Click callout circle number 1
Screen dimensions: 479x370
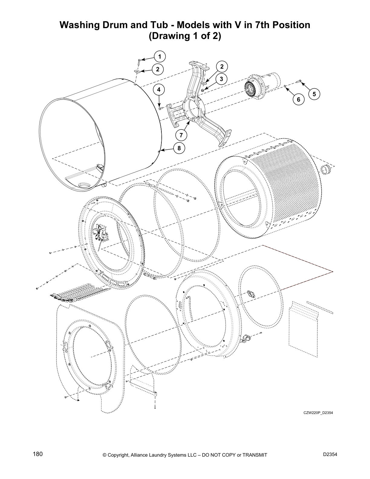(160, 56)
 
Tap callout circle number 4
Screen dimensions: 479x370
(159, 90)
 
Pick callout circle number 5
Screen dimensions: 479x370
(314, 94)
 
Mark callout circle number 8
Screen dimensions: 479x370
(179, 148)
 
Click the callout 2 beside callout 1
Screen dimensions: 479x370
(157, 69)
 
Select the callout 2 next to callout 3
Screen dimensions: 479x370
(222, 67)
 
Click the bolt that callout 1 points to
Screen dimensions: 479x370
(139, 62)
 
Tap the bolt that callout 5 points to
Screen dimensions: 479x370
(299, 80)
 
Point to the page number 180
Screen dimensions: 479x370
(38, 454)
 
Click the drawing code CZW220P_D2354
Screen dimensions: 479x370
(318, 413)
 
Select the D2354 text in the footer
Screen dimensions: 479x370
(330, 455)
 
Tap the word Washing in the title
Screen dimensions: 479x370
(79, 25)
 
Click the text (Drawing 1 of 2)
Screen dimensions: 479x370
(185, 36)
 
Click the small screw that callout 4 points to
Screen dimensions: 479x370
(161, 108)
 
